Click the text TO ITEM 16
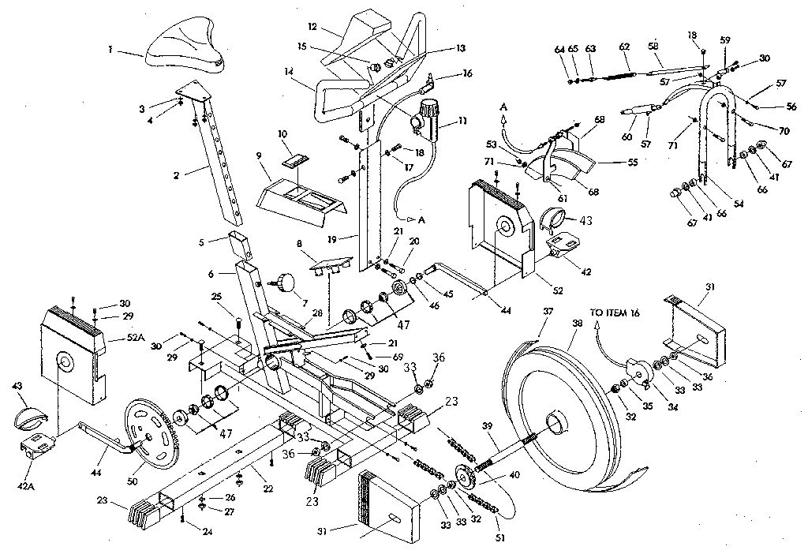[x=615, y=313]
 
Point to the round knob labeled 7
[x=284, y=282]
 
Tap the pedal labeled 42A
[x=37, y=448]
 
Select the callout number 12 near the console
[x=312, y=27]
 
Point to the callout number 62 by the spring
[x=624, y=47]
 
